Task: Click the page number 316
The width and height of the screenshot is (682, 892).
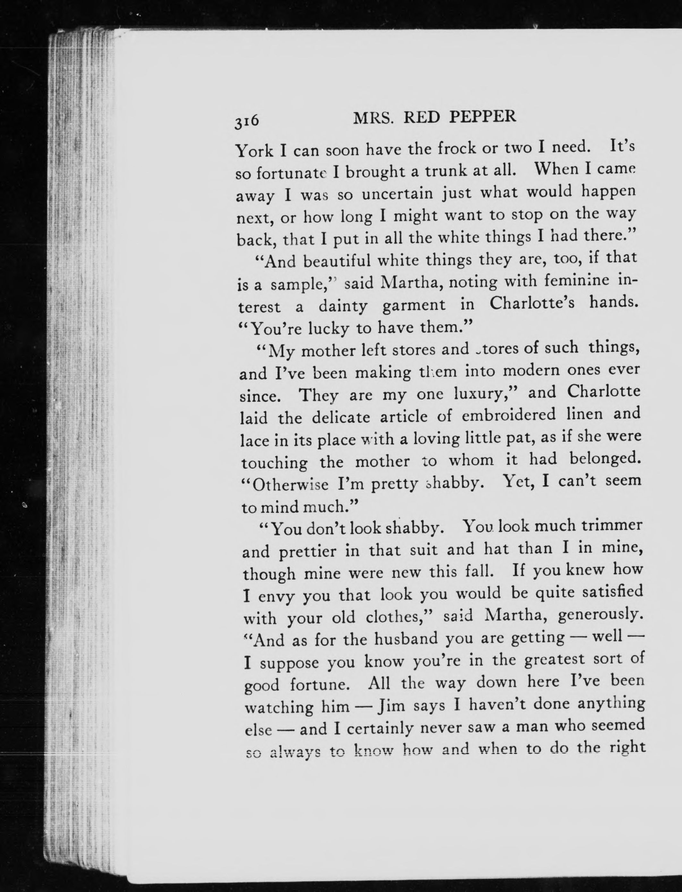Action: (x=246, y=121)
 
